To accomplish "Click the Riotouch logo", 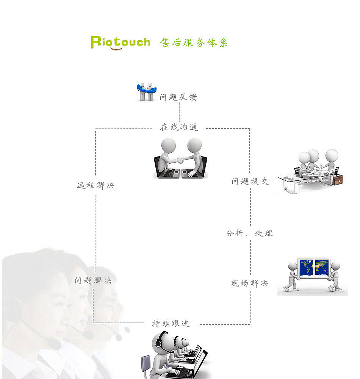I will point(120,42).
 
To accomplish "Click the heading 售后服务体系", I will point(194,43).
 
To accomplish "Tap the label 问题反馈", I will point(178,97).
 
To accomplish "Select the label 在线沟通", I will point(179,128).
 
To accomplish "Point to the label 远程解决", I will point(95,186).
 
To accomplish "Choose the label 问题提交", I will point(250,182).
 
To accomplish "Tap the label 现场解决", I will point(249,283).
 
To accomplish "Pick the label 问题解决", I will point(93,281).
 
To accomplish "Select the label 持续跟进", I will point(171,324).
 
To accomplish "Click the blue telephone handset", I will point(146,89).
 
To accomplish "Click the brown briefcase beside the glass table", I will point(338,179).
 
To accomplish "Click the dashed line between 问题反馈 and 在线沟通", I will point(179,113).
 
